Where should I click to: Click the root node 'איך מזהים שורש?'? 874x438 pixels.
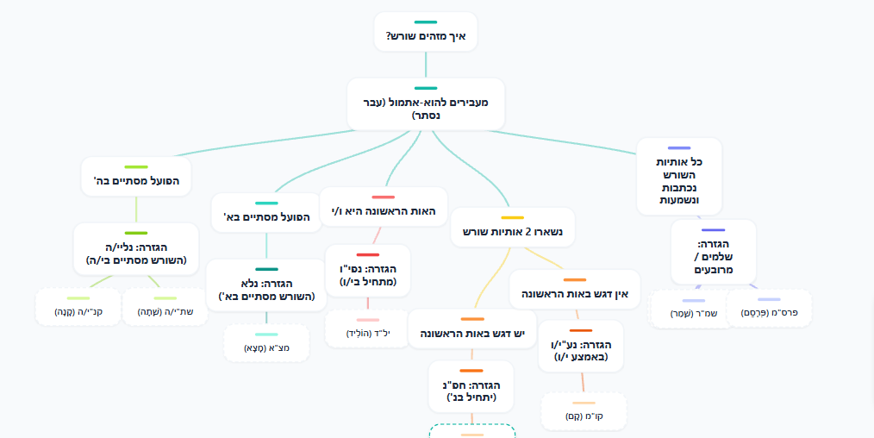click(426, 35)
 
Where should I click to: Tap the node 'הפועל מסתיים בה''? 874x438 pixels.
click(136, 182)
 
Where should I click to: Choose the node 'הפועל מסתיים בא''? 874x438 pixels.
click(266, 216)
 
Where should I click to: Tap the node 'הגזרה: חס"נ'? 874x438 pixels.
click(472, 391)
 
